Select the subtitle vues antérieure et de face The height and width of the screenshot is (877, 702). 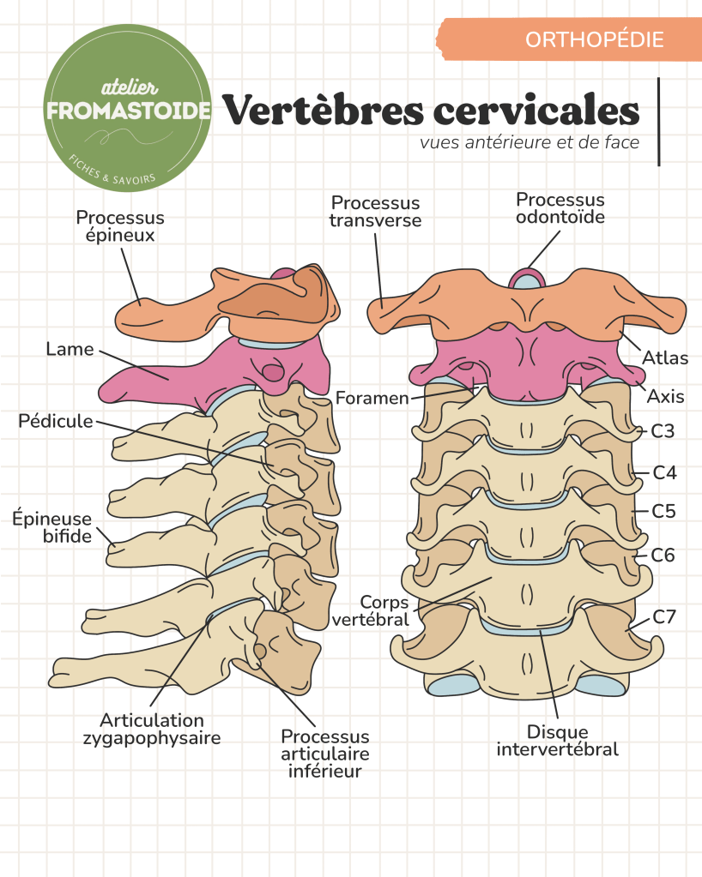tap(530, 142)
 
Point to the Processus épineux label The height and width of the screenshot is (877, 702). tap(120, 226)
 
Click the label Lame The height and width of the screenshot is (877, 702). tap(70, 349)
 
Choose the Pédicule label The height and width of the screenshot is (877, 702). tap(55, 422)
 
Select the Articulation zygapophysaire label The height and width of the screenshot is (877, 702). tap(152, 728)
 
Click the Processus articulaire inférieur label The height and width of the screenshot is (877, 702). tap(325, 754)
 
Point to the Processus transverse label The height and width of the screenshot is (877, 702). tap(376, 211)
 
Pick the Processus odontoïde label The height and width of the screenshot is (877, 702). tap(560, 208)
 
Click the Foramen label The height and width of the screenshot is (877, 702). tap(372, 399)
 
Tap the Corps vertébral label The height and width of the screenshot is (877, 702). tap(384, 610)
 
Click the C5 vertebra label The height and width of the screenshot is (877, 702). tap(663, 511)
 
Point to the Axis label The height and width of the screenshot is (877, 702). tap(665, 398)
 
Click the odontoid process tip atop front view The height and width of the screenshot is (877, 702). tap(525, 277)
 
